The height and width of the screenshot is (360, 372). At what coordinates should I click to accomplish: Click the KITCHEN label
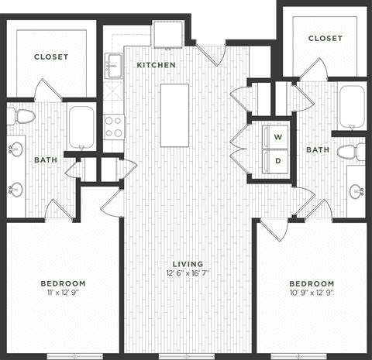pos(156,65)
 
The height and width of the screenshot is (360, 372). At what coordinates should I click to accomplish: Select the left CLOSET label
pos(51,57)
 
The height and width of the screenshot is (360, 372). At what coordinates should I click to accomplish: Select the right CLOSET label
pos(325,38)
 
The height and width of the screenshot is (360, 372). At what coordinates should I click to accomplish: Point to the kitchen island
pos(175,116)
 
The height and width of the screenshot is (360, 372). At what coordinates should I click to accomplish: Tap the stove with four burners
pos(114,125)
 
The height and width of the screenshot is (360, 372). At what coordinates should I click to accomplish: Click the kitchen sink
pos(115,65)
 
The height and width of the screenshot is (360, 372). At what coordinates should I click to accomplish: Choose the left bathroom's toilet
pos(24,117)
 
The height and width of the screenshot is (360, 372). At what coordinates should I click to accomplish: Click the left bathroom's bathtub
pos(81,126)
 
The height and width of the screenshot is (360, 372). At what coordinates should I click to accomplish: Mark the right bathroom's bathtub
pos(351,109)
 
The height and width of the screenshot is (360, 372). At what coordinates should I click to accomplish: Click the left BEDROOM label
pos(63,283)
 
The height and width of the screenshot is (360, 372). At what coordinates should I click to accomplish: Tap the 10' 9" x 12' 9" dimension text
pos(311,293)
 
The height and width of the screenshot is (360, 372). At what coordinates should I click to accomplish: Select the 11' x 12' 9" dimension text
pos(63,293)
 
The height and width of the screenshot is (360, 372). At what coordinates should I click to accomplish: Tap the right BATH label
pos(315,149)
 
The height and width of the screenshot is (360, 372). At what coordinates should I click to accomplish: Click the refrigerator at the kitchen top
pos(167,35)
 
